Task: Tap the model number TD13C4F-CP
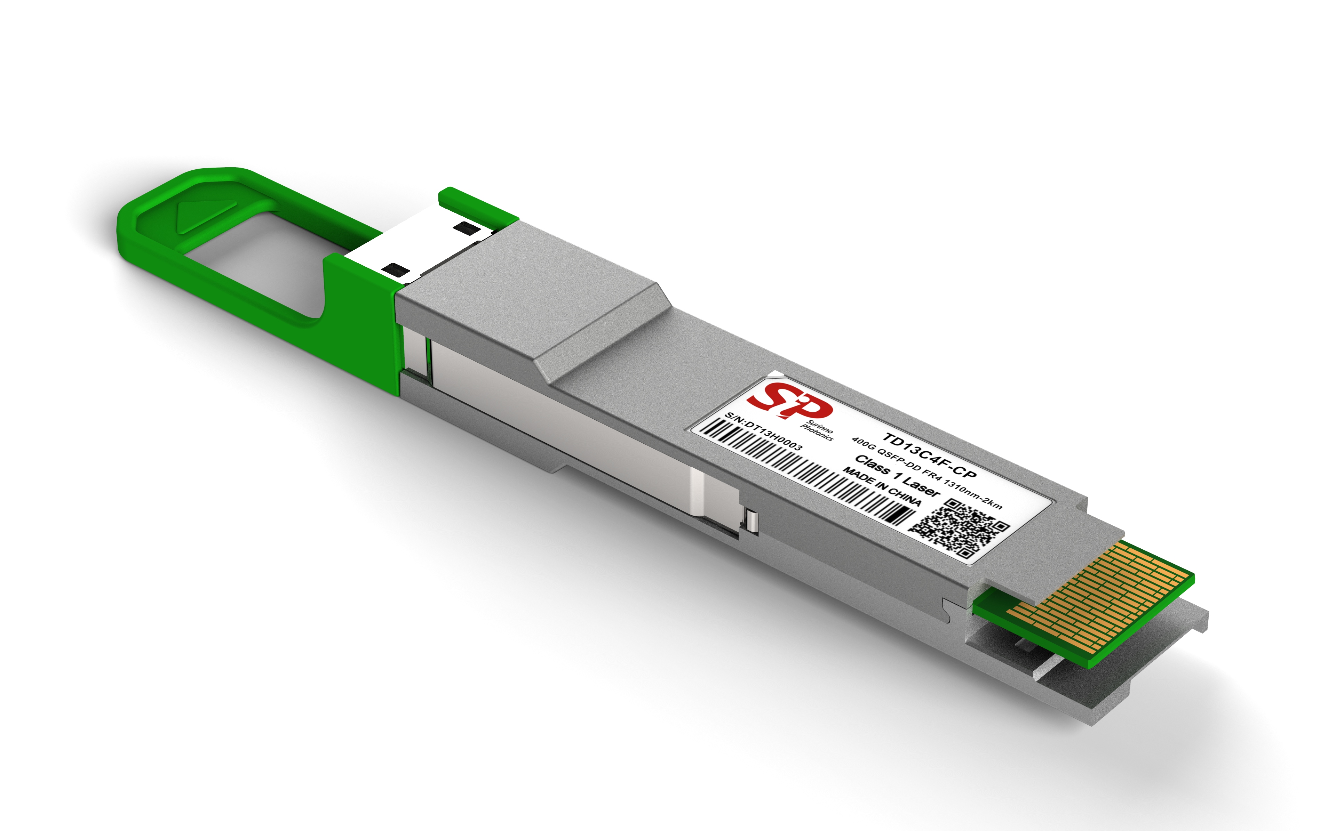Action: [x=929, y=455]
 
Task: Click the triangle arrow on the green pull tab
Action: [x=201, y=216]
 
